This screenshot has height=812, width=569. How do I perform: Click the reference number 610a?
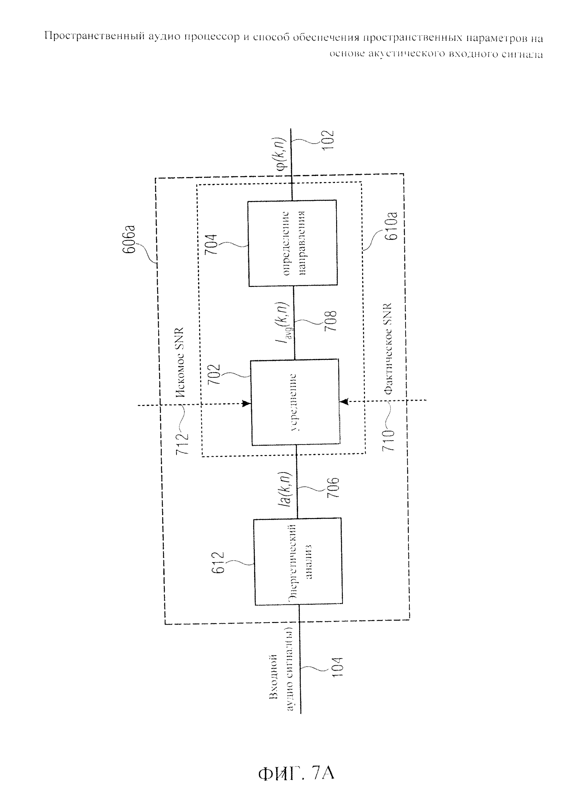point(392,226)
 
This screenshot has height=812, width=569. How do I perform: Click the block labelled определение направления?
point(293,243)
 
